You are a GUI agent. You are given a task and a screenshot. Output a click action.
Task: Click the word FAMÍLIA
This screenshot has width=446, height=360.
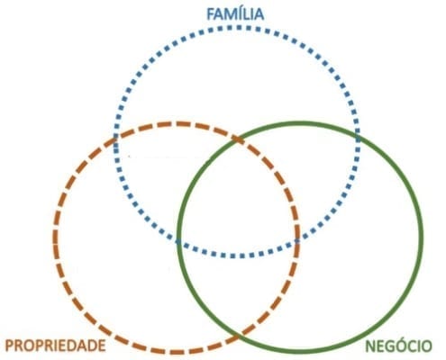click(x=235, y=13)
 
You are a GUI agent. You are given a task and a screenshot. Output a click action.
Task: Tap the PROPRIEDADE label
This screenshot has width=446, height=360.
click(x=56, y=346)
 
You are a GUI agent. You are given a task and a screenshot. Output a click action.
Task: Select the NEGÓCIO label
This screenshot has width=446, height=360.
click(x=398, y=346)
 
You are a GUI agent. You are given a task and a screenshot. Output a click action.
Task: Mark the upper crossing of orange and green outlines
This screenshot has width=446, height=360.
click(x=238, y=139)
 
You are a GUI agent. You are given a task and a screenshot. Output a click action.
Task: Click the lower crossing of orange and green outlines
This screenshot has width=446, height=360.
click(x=240, y=337)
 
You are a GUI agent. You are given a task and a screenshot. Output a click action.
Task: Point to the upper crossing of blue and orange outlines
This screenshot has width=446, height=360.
click(x=115, y=138)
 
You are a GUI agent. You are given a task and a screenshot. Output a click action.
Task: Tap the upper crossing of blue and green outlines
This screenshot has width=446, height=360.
click(x=358, y=139)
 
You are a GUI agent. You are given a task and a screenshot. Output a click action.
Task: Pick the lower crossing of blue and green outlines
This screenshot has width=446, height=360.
click(x=178, y=241)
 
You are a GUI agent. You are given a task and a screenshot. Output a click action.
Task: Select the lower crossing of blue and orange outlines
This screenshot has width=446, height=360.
click(x=297, y=240)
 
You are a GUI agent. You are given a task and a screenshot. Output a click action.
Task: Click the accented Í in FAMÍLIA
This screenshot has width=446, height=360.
click(x=239, y=13)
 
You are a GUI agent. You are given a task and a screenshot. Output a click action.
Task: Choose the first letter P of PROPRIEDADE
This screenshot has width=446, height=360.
click(x=10, y=346)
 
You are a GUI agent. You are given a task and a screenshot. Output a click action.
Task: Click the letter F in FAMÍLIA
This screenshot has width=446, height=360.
click(x=211, y=14)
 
